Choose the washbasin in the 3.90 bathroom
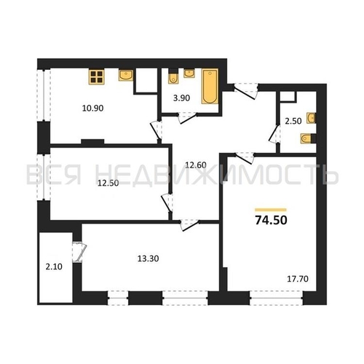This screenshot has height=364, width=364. [x=189, y=73]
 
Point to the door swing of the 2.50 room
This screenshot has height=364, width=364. [x=275, y=135]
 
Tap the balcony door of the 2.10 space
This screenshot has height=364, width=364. [x=79, y=252]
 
